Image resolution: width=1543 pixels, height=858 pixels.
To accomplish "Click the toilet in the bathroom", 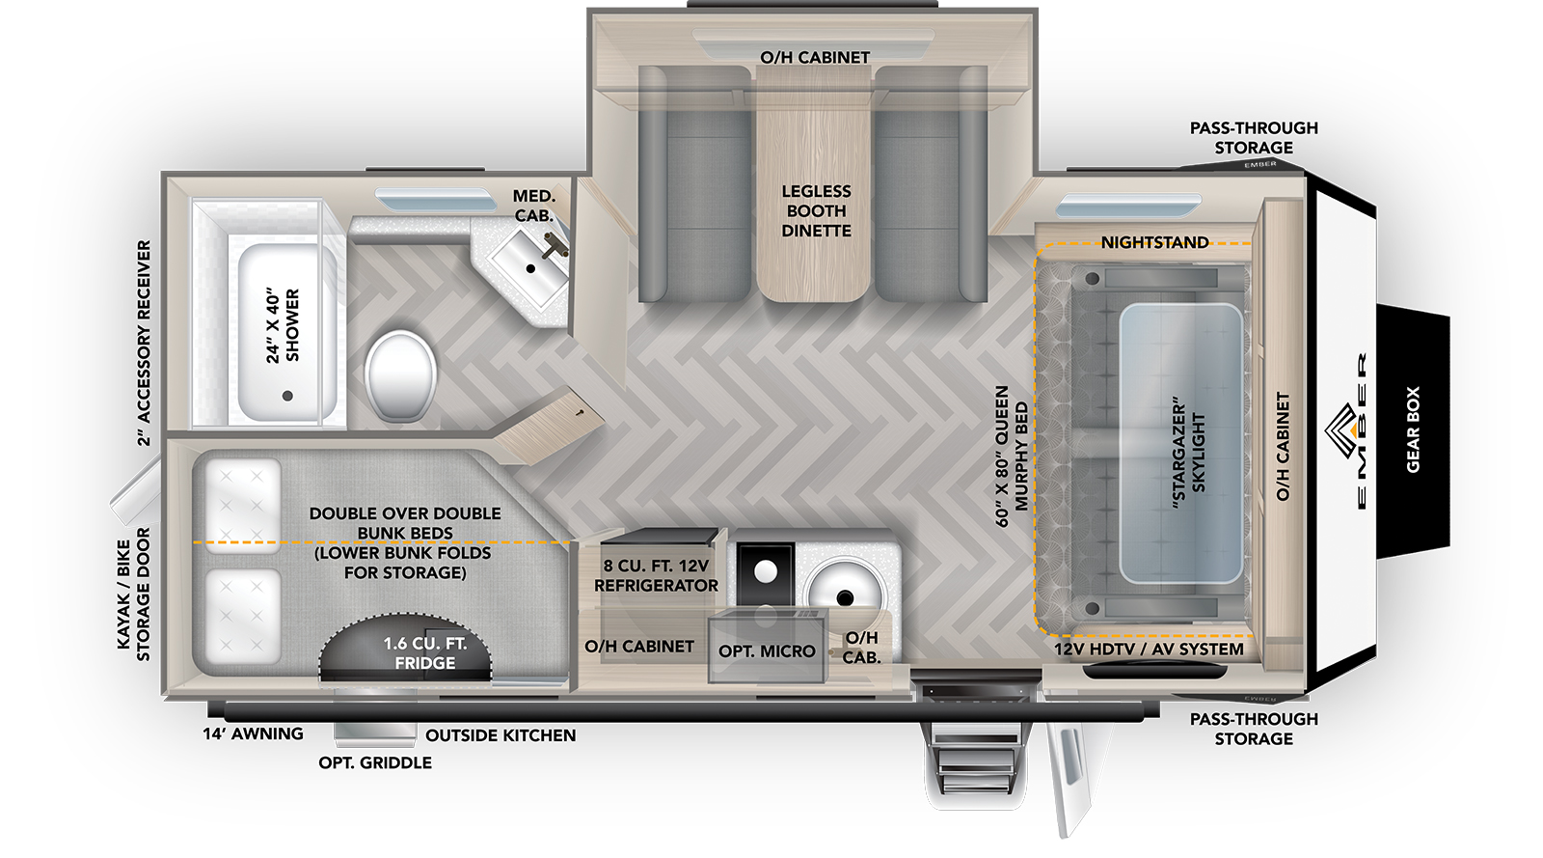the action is [401, 375].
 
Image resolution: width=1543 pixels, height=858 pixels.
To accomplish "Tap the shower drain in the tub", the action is [287, 396].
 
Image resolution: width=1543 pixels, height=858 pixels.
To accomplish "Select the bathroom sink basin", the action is [529, 266].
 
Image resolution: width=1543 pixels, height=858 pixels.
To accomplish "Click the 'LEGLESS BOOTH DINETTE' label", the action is [816, 211].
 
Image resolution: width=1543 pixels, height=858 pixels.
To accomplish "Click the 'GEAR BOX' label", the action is [1413, 429].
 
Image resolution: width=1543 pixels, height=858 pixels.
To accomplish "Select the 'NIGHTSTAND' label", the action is [1154, 242].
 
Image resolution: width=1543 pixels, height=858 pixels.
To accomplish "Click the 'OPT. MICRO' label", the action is [767, 651].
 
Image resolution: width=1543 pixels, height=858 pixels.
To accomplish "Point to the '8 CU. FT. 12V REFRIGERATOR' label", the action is [656, 575].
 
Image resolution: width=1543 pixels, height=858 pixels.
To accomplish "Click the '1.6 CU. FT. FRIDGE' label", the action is [425, 652].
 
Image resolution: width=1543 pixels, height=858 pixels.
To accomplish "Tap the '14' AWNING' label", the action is [253, 733].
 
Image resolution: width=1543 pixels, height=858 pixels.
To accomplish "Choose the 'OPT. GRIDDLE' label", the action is [375, 762].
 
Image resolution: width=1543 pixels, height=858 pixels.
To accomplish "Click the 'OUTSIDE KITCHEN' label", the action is [501, 735].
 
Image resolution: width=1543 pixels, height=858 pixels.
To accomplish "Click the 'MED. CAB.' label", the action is [534, 207].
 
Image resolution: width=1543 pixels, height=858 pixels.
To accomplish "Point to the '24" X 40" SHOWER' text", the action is [284, 325].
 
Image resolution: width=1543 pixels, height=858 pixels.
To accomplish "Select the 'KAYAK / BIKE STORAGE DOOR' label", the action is [133, 595].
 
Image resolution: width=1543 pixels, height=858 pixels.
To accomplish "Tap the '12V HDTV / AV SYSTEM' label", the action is [1149, 650].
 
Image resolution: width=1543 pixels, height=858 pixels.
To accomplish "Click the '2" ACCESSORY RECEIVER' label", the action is [144, 343].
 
